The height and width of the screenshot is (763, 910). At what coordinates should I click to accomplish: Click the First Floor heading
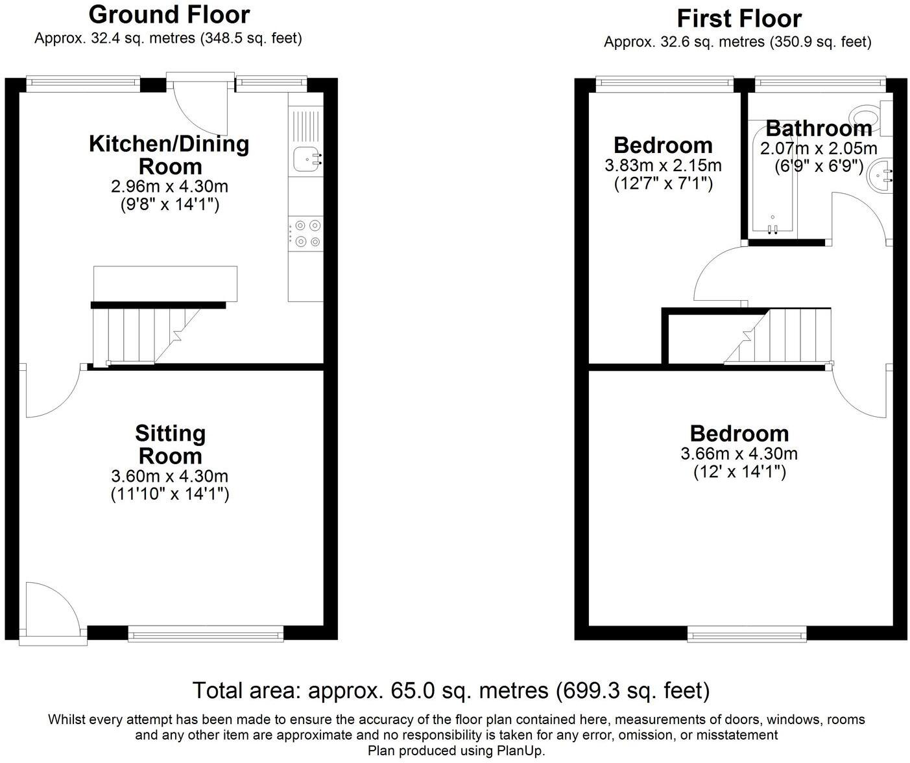(x=739, y=18)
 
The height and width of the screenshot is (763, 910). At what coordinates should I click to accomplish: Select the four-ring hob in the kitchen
(x=306, y=234)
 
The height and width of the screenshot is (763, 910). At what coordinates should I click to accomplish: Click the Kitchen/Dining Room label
(x=169, y=154)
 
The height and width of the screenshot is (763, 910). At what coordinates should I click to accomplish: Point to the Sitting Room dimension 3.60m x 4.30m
(x=169, y=476)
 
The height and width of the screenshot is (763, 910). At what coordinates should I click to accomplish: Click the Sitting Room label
(x=170, y=444)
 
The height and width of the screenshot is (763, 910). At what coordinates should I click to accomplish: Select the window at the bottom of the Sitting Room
(x=206, y=633)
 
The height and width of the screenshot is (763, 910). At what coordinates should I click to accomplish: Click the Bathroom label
(x=818, y=128)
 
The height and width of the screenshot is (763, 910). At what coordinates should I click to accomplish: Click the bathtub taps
(x=772, y=228)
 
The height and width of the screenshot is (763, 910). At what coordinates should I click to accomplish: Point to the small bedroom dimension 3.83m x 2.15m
(x=663, y=166)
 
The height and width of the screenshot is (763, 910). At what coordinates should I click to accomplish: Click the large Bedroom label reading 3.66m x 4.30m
(x=739, y=433)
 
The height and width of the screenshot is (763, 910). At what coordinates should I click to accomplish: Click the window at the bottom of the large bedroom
(x=747, y=633)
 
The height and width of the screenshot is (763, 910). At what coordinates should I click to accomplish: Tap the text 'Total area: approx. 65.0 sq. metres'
(x=370, y=690)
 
